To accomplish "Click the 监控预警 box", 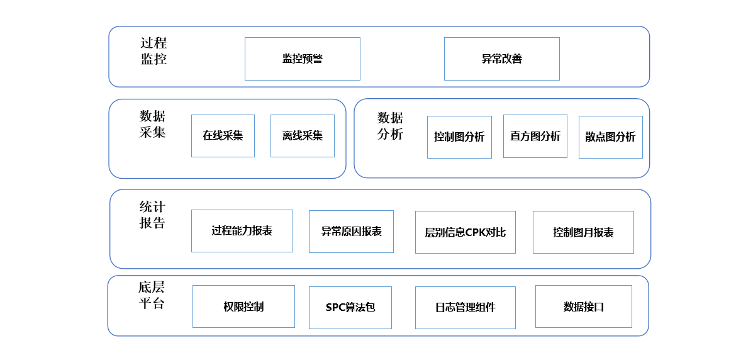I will coord(303,59).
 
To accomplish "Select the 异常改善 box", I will coord(501,59).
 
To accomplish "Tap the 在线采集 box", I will coord(223,135).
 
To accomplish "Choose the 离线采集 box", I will coord(302,135).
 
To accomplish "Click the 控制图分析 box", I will coord(459,137).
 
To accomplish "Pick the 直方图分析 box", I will coord(535,136).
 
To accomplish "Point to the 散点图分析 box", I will coord(610,137).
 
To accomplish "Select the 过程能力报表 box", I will coord(242,231).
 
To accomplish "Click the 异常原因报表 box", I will coord(351,232).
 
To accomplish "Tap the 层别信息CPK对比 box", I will coord(465,232).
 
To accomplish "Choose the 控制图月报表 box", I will coord(583,232).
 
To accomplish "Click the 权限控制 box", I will coord(243,307).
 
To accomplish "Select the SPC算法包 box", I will coord(350,307).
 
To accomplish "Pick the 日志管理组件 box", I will coord(465,307).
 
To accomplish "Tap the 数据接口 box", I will coord(583,307).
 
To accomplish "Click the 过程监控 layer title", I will coord(153,51).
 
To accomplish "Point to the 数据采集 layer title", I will coord(152,124).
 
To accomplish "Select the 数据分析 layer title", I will coord(390,126).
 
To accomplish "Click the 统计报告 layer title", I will coord(152,215).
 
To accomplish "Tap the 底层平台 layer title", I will coord(151,295).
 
